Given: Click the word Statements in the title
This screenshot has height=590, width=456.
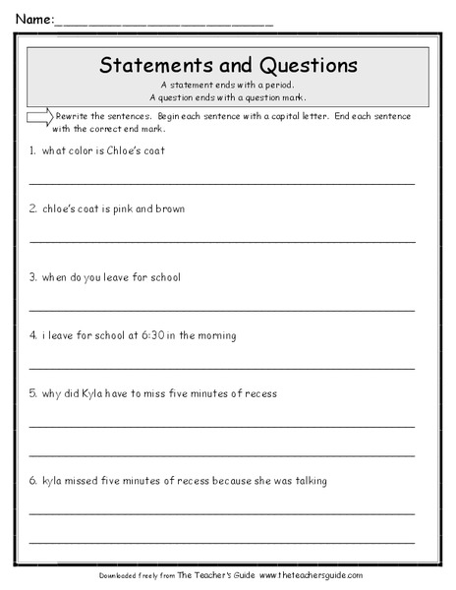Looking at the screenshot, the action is pos(152,67).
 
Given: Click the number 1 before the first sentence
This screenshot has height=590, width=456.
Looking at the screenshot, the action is pos(32,150).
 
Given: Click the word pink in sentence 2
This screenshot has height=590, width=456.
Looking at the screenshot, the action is pos(119,209).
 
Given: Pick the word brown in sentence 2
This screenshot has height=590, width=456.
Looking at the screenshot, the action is pos(169,209).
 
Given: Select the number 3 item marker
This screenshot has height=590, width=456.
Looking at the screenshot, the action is pos(32,277).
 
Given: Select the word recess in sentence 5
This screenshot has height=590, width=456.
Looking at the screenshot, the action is pos(257,393).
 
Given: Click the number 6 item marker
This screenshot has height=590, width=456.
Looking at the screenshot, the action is pos(32,481).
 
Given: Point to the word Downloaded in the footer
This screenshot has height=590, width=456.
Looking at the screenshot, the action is pos(123,575).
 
